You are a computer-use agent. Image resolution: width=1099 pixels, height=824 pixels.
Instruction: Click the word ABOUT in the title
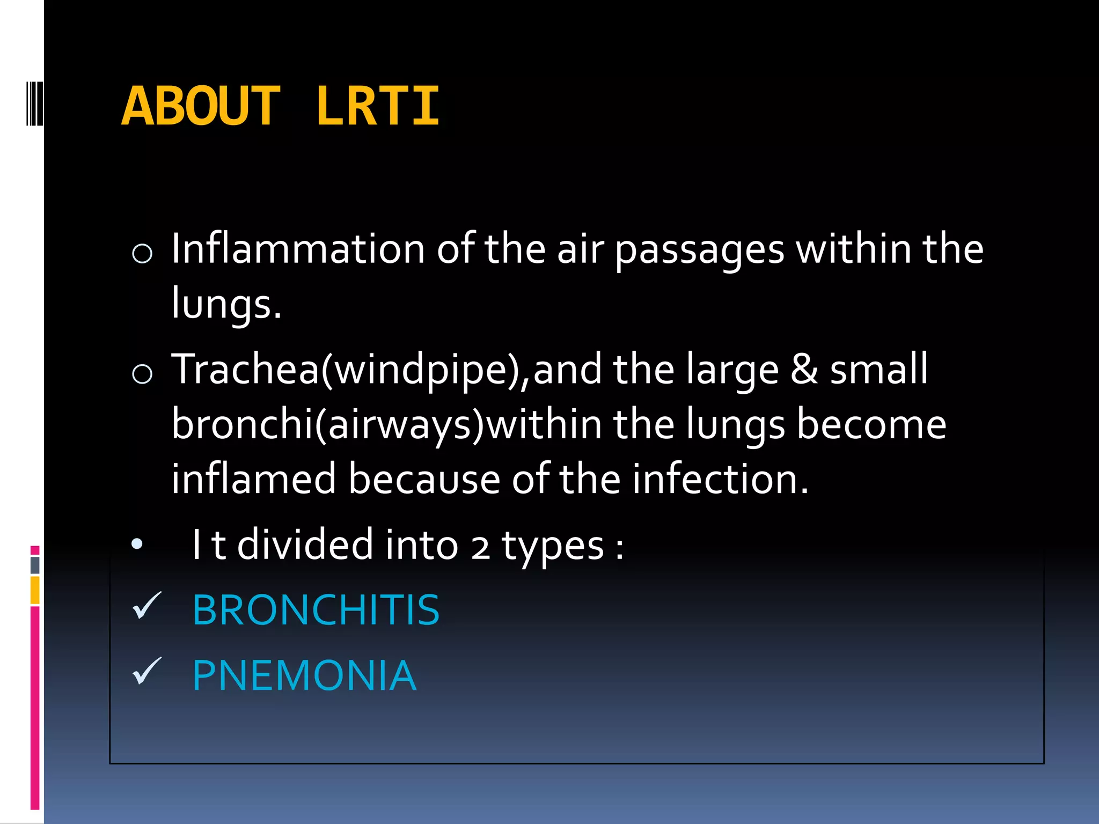click(201, 106)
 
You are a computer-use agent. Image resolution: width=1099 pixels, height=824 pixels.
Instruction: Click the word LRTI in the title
click(378, 106)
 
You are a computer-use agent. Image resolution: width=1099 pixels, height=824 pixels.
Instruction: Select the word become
click(871, 424)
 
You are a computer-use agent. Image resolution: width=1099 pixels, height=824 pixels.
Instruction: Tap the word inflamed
click(253, 479)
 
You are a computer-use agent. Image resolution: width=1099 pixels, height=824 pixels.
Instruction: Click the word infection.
click(720, 479)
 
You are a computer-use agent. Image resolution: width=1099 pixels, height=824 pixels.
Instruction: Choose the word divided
click(305, 545)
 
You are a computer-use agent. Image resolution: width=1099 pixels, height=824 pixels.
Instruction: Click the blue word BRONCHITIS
click(316, 610)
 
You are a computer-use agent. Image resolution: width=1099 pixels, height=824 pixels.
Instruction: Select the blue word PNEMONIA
click(304, 675)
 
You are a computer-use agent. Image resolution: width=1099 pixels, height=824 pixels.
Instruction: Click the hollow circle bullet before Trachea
click(142, 373)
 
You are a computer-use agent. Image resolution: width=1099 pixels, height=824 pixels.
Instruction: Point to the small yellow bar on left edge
click(35, 590)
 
